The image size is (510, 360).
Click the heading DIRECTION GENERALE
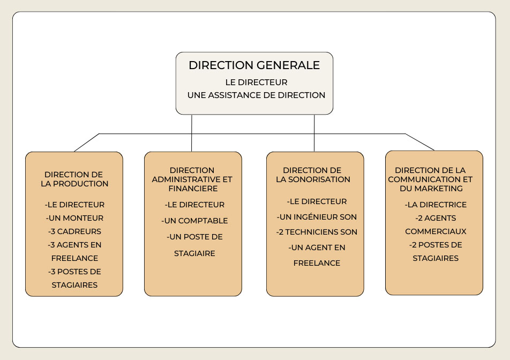(x=254, y=65)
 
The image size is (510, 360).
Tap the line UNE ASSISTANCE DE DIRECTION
(x=256, y=95)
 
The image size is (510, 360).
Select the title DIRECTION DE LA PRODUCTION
(x=74, y=179)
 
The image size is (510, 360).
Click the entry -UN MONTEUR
(x=74, y=218)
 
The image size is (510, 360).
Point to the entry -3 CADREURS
(x=74, y=231)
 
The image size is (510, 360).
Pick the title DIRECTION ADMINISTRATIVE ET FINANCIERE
(x=192, y=179)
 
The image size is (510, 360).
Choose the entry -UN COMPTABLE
(x=194, y=221)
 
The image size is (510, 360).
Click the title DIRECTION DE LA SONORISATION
(x=313, y=175)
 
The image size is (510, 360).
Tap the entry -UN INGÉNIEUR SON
(x=317, y=216)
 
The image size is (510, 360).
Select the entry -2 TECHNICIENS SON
(x=317, y=232)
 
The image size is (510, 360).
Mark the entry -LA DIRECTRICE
(x=436, y=205)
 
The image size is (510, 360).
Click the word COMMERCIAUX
(x=436, y=231)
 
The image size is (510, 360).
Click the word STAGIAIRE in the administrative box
(x=194, y=253)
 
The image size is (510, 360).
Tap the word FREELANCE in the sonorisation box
(x=317, y=263)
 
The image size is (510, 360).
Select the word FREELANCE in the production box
(x=74, y=258)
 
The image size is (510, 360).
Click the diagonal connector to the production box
(x=87, y=142)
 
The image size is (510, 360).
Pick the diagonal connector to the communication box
(x=419, y=142)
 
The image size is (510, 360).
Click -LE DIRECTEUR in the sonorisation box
(x=317, y=201)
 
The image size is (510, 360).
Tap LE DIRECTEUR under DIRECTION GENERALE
(x=256, y=82)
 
